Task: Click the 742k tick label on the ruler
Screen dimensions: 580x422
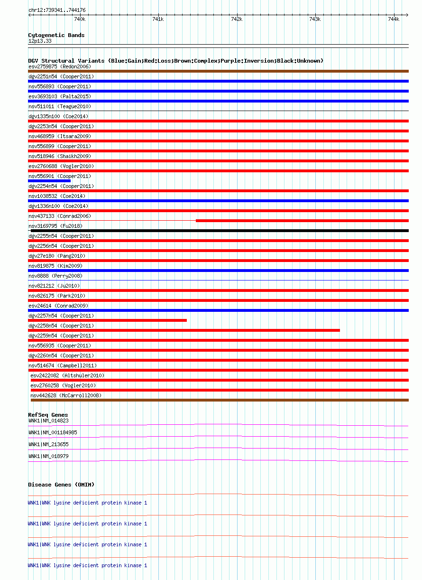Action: tap(236, 19)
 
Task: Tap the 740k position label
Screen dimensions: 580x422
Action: tap(80, 19)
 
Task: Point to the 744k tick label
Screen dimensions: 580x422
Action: tap(393, 19)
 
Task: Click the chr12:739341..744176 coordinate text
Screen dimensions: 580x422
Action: tap(57, 10)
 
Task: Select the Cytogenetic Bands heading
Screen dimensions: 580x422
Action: tap(56, 35)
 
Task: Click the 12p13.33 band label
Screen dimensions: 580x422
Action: tap(40, 41)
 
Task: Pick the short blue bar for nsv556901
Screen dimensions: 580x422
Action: tap(49, 181)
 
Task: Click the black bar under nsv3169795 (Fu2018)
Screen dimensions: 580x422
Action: tap(218, 231)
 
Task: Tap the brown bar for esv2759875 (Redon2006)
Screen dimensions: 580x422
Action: tap(218, 71)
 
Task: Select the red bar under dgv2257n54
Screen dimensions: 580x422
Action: tap(107, 320)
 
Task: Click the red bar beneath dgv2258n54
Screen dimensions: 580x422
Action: tap(184, 330)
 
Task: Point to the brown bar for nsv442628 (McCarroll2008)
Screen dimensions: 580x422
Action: tap(220, 400)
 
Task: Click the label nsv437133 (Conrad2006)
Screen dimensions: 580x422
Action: tap(59, 216)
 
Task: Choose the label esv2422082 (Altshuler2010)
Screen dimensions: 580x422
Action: tap(67, 375)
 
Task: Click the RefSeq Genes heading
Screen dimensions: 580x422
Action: tap(48, 415)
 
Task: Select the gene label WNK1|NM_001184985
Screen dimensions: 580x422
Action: tap(53, 432)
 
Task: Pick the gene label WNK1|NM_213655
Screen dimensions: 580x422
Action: tap(48, 444)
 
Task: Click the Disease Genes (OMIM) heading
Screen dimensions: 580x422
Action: tap(61, 485)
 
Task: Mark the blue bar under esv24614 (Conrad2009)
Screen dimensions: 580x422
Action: tap(218, 310)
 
